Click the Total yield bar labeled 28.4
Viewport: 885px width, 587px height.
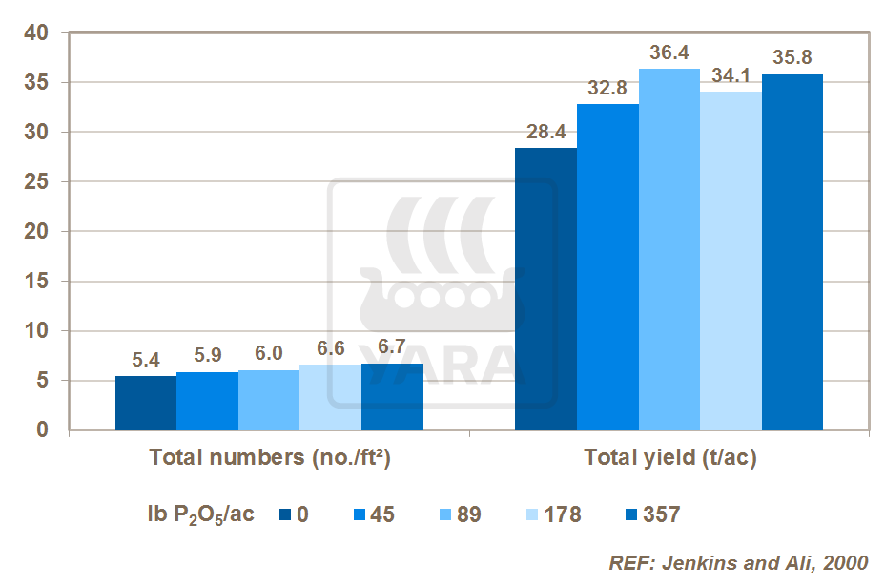click(545, 289)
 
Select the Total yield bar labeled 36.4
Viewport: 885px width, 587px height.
click(669, 249)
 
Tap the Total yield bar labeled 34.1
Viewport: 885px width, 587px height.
click(731, 261)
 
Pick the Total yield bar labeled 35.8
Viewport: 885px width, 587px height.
click(792, 252)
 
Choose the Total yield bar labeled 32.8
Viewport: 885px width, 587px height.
click(607, 267)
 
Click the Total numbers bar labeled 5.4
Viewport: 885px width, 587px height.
click(146, 403)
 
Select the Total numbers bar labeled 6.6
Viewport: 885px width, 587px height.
click(330, 397)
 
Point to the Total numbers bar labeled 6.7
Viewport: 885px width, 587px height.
click(392, 397)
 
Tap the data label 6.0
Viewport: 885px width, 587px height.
click(268, 353)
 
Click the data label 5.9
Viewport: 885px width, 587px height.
click(207, 354)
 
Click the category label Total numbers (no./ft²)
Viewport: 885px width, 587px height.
click(271, 458)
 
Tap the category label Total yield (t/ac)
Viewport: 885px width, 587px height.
click(670, 458)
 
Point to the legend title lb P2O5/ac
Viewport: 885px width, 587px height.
click(195, 515)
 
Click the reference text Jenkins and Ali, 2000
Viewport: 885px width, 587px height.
click(738, 563)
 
